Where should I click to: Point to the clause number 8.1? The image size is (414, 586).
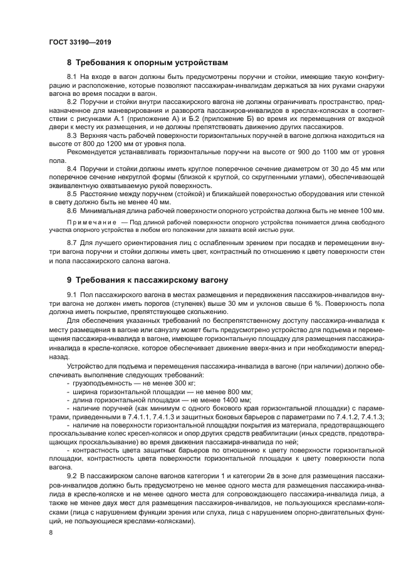[72, 76]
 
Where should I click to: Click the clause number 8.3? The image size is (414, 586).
[72, 135]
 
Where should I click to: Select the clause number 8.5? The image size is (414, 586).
[72, 194]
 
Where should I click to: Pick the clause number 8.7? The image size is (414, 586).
[72, 242]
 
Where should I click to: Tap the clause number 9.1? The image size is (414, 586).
[72, 295]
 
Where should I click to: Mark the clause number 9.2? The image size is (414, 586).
[72, 478]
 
